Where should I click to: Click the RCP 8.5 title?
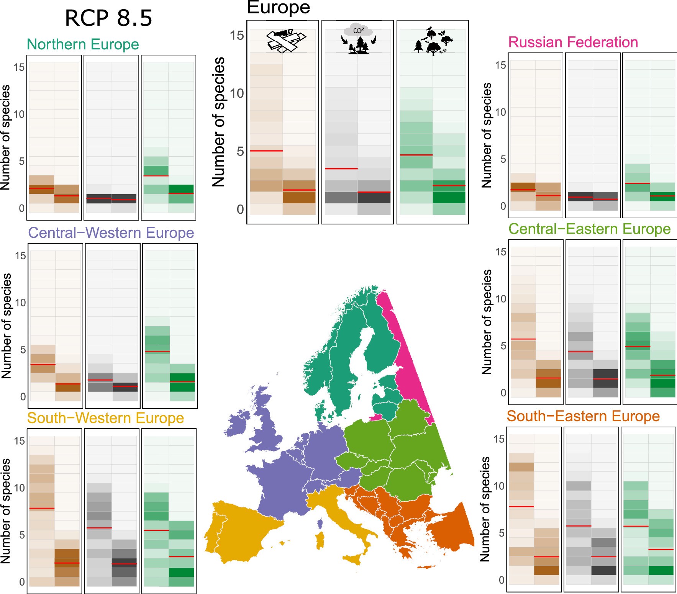click(x=108, y=18)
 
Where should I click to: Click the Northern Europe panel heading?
click(x=83, y=44)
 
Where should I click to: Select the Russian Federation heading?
click(x=573, y=42)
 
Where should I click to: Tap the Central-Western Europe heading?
click(x=111, y=233)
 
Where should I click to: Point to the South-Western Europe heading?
click(x=105, y=418)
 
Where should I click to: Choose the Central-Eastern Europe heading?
click(x=589, y=229)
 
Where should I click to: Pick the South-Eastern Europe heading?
click(x=583, y=416)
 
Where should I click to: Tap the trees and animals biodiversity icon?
click(x=433, y=41)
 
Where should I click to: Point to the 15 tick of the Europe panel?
click(x=236, y=36)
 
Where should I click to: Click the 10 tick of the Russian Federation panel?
click(x=500, y=112)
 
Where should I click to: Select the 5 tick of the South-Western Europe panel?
click(x=22, y=535)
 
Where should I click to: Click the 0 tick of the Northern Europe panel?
click(x=22, y=208)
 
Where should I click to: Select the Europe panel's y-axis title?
click(x=218, y=122)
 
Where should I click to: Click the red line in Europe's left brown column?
click(x=266, y=151)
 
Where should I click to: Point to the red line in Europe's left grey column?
click(x=341, y=169)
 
